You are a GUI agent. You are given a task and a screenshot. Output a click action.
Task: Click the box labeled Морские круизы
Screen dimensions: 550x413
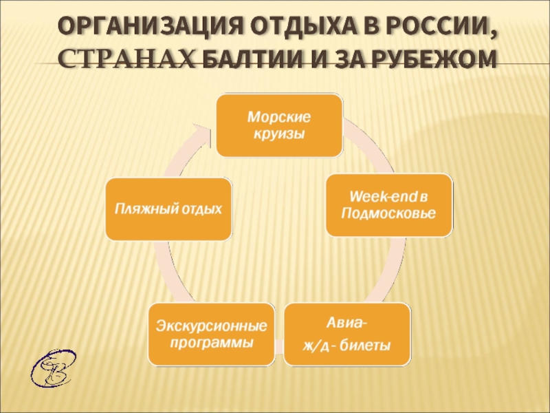pyautogui.click(x=279, y=125)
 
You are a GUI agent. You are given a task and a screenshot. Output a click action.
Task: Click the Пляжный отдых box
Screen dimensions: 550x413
pyautogui.click(x=168, y=209)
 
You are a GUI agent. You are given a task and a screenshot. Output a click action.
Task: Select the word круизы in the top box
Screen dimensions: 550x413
pyautogui.click(x=279, y=134)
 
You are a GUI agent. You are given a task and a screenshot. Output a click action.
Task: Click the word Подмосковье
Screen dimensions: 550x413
pyautogui.click(x=388, y=215)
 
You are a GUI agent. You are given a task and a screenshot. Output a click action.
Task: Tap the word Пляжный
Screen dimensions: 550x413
pyautogui.click(x=141, y=209)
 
